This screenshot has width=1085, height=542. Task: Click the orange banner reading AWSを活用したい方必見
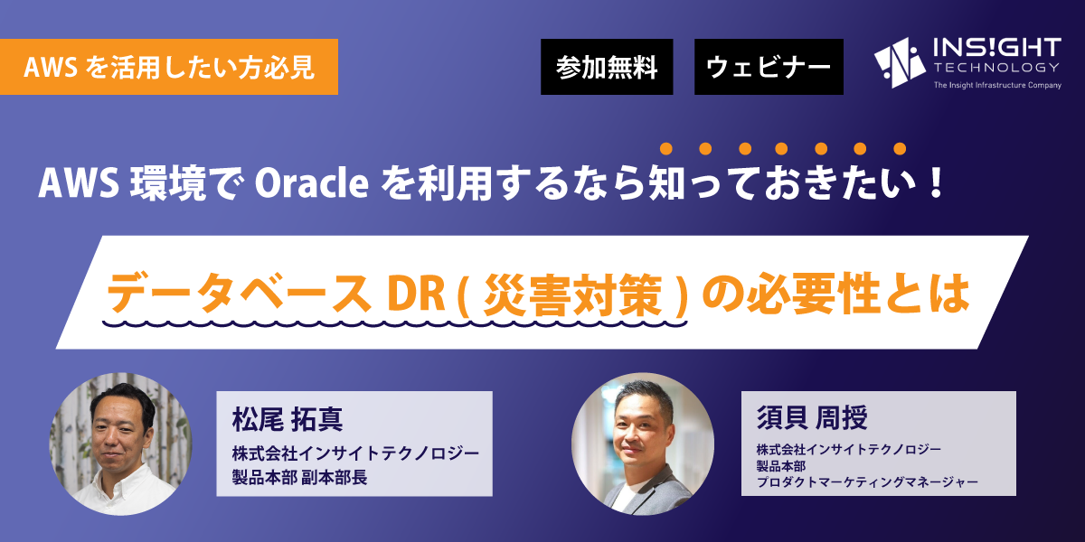click(168, 67)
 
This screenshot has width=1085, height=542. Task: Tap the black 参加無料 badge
click(607, 67)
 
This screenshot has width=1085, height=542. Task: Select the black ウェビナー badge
click(769, 67)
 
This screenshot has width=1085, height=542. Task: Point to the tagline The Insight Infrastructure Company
click(997, 85)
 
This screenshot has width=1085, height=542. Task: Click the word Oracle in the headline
click(311, 184)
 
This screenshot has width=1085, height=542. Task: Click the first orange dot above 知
click(666, 148)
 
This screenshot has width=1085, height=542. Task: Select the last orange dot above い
click(900, 148)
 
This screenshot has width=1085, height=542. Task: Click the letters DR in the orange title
click(416, 294)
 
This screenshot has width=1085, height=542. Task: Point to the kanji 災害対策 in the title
click(573, 294)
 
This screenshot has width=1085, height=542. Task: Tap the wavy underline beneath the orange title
click(395, 322)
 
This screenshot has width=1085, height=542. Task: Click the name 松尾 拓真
click(288, 419)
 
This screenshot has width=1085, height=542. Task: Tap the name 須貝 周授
click(812, 417)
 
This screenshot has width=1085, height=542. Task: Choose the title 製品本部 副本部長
click(299, 478)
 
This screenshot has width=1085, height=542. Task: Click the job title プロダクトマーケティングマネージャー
click(867, 482)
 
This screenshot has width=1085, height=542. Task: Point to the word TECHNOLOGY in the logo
click(996, 67)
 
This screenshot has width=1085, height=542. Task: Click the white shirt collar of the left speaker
click(121, 479)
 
